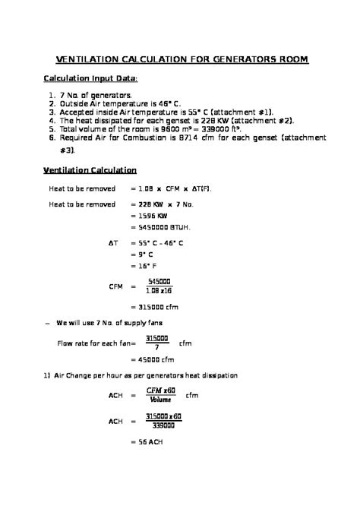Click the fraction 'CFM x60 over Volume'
click(160, 395)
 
